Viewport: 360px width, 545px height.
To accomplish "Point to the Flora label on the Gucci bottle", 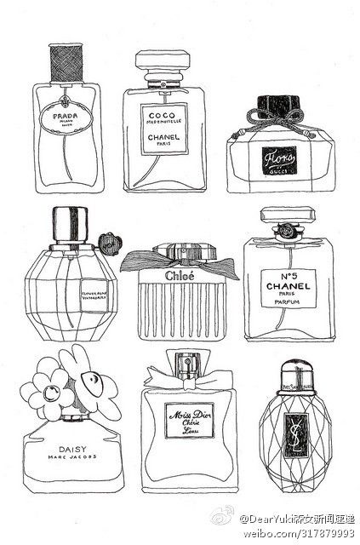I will tap(276, 158).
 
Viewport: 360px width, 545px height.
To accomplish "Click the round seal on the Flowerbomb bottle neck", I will tap(106, 239).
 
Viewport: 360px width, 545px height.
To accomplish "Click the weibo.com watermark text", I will tap(298, 533).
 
